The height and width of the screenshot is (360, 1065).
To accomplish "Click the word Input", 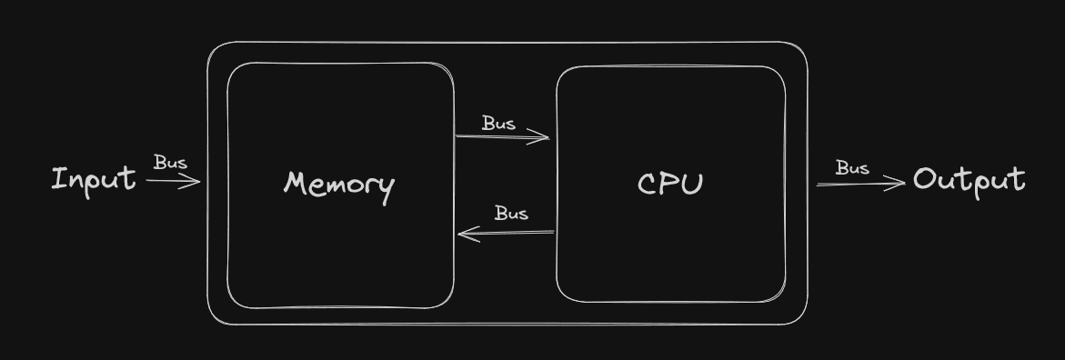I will [x=93, y=179].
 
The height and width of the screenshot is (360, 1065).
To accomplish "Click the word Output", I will [x=969, y=180].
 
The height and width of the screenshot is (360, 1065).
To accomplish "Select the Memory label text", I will [x=339, y=185].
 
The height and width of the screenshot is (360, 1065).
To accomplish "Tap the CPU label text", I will [x=670, y=185].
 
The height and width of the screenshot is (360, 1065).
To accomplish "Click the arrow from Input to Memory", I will [x=173, y=181].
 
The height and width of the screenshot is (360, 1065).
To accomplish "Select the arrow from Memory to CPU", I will [x=502, y=137].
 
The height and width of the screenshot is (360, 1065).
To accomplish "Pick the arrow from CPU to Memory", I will [x=506, y=234].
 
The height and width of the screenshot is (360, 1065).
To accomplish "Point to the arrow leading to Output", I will [x=860, y=184].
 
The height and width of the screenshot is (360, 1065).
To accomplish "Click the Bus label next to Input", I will [x=170, y=163].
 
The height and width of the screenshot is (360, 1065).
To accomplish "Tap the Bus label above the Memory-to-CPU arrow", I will [x=498, y=123].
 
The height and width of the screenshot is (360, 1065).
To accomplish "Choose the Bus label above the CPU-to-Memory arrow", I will [x=511, y=214].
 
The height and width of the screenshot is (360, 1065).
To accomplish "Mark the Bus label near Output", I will [x=852, y=168].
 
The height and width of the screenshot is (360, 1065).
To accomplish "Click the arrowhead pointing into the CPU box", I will [x=544, y=138].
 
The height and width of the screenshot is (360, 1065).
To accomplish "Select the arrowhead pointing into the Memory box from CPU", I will [x=464, y=235].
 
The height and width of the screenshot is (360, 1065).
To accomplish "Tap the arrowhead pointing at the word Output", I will [x=900, y=183].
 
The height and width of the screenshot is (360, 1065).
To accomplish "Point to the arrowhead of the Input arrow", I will [x=195, y=181].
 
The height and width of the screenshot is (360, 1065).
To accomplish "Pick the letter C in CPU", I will [x=648, y=185].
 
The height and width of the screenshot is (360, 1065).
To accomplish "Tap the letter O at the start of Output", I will [x=926, y=179].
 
